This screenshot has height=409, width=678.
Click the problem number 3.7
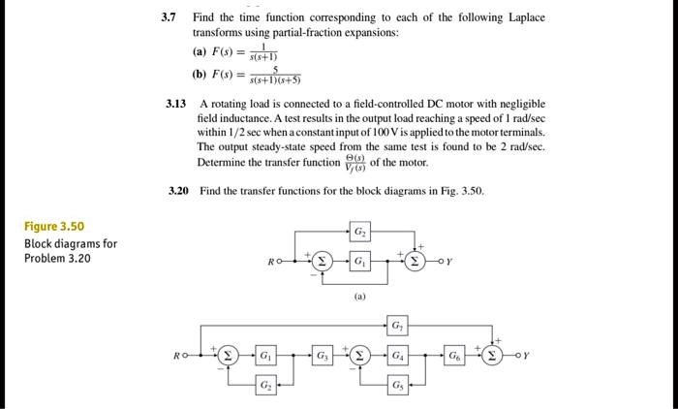[169, 17]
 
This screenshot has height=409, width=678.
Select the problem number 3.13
[176, 104]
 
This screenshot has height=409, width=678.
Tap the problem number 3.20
[178, 191]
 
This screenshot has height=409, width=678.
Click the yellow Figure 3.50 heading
[54, 227]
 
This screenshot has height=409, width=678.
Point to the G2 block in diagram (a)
[360, 232]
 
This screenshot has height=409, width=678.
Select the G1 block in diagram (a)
[360, 261]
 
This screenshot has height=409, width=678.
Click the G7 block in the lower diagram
[397, 326]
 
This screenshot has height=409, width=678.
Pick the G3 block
[323, 356]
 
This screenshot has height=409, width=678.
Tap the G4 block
[397, 356]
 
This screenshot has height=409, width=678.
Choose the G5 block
[397, 385]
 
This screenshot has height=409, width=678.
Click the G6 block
[454, 356]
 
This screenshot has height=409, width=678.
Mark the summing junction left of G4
[359, 356]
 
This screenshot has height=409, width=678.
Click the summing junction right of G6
[492, 356]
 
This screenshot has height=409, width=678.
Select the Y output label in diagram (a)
[449, 262]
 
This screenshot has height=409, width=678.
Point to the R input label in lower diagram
[176, 356]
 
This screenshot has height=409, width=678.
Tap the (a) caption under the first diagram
[359, 297]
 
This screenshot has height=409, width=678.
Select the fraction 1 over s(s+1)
[263, 52]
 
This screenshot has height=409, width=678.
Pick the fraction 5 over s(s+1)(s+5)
[275, 75]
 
